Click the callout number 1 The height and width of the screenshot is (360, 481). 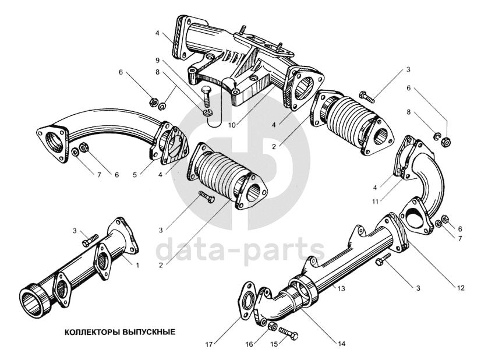click(x=137, y=266)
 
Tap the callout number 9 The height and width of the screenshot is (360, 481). click(x=157, y=60)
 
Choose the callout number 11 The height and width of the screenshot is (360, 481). click(x=377, y=201)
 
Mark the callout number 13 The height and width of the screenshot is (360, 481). click(x=342, y=288)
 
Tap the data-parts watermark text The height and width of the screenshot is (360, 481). click(x=239, y=250)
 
